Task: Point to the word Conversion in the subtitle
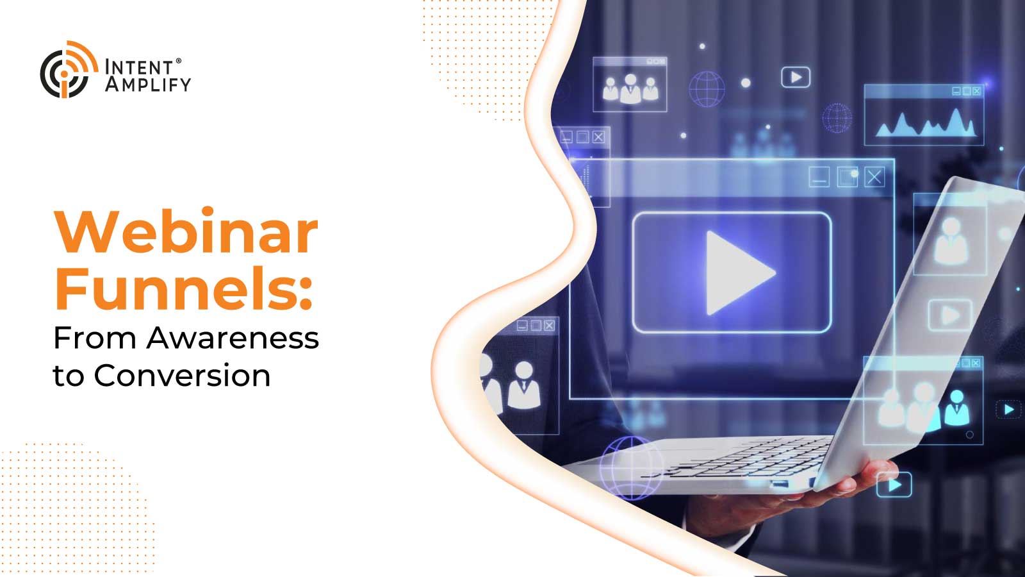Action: click(x=182, y=376)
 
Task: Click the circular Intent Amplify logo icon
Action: click(x=69, y=70)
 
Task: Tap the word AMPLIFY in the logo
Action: click(x=148, y=85)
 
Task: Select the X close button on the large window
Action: click(x=874, y=177)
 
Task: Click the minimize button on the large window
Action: click(x=819, y=177)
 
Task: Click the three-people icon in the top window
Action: click(x=630, y=89)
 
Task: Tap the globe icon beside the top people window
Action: click(x=707, y=89)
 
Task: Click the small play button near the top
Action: click(x=796, y=78)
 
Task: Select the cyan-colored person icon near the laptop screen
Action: click(x=957, y=408)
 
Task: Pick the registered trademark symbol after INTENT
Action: click(x=179, y=61)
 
